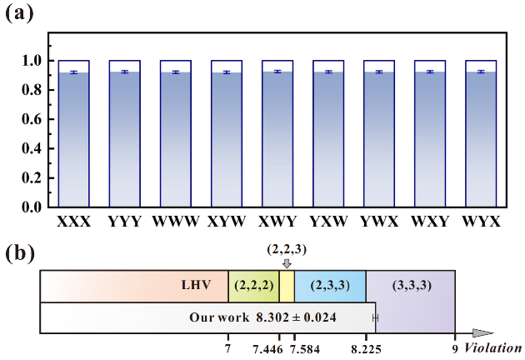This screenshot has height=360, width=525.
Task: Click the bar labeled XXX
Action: [73, 137]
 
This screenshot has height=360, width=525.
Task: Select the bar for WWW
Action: [175, 137]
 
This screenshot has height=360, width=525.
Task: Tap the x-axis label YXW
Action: [327, 222]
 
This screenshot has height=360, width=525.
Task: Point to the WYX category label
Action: [480, 222]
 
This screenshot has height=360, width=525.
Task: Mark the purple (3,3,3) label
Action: [410, 284]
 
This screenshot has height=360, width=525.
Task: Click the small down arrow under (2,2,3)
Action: [287, 263]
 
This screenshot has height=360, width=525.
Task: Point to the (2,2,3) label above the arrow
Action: [286, 249]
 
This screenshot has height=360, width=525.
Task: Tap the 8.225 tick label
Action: [365, 348]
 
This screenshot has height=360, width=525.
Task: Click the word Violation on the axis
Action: [493, 347]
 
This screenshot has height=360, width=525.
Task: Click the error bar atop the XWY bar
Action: [277, 72]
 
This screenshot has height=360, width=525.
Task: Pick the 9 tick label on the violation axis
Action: [455, 348]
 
